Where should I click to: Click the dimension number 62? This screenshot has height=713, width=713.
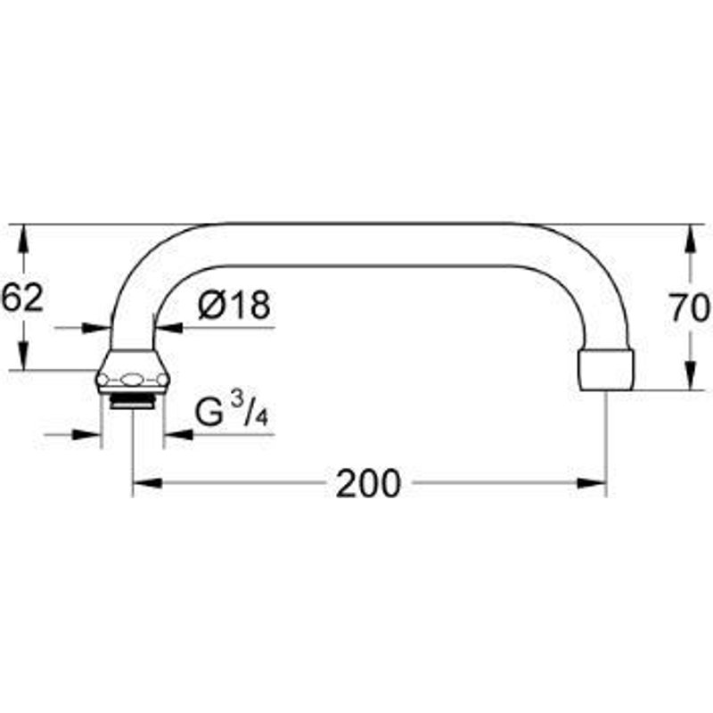click(22, 297)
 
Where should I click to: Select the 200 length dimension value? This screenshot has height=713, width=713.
click(368, 483)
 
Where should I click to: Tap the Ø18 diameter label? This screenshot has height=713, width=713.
click(233, 306)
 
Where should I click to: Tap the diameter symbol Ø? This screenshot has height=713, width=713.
click(212, 306)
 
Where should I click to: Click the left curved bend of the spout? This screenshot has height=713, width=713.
click(147, 267)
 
